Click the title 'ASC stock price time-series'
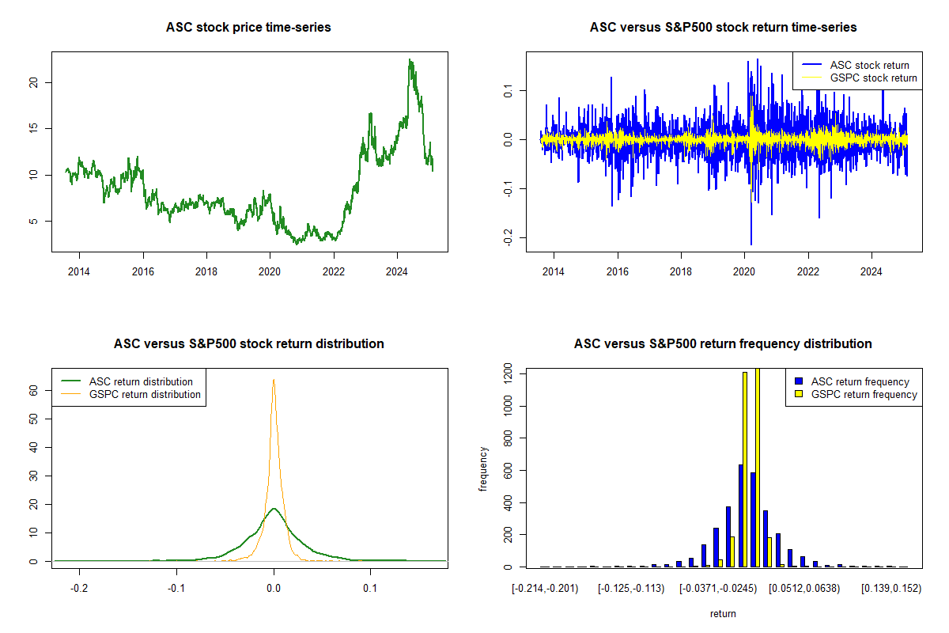[248, 27]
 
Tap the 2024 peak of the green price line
[410, 60]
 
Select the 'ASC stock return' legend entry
[869, 65]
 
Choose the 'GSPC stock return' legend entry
[873, 78]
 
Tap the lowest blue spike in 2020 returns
[751, 244]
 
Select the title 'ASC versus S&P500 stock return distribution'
[248, 343]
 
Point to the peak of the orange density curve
[274, 380]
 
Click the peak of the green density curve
[274, 509]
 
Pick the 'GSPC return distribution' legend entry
[145, 394]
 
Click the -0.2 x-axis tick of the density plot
[79, 589]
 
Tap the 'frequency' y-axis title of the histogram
[483, 469]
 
